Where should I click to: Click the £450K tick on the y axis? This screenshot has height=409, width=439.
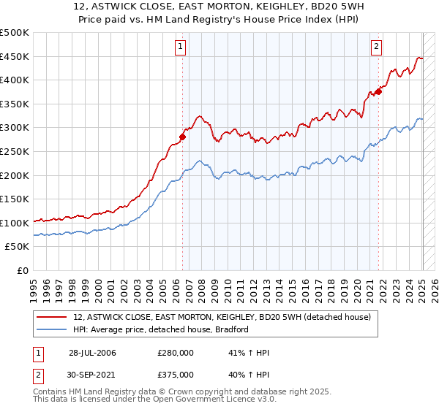click(15, 56)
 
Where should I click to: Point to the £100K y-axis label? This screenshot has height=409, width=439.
click(15, 223)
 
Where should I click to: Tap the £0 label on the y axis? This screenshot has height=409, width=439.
click(23, 270)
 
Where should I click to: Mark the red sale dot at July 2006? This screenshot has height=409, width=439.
click(182, 137)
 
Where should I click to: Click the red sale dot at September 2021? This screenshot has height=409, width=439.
click(378, 91)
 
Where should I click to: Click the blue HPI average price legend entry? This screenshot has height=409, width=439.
click(161, 329)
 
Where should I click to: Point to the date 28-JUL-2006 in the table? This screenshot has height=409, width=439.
click(92, 353)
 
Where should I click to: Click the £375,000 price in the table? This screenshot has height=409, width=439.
click(175, 374)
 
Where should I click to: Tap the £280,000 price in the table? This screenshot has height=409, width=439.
click(175, 353)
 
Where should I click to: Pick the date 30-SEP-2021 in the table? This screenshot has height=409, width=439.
click(92, 374)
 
